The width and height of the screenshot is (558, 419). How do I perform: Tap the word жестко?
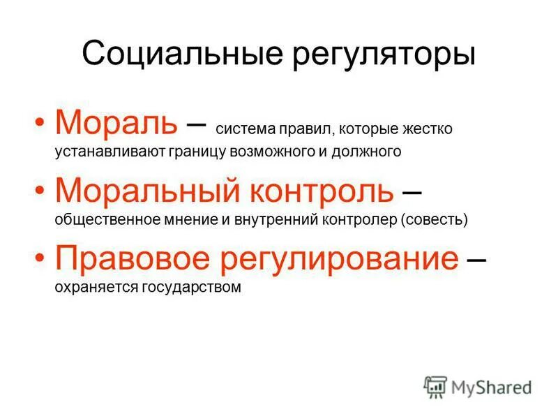coord(427,129)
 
